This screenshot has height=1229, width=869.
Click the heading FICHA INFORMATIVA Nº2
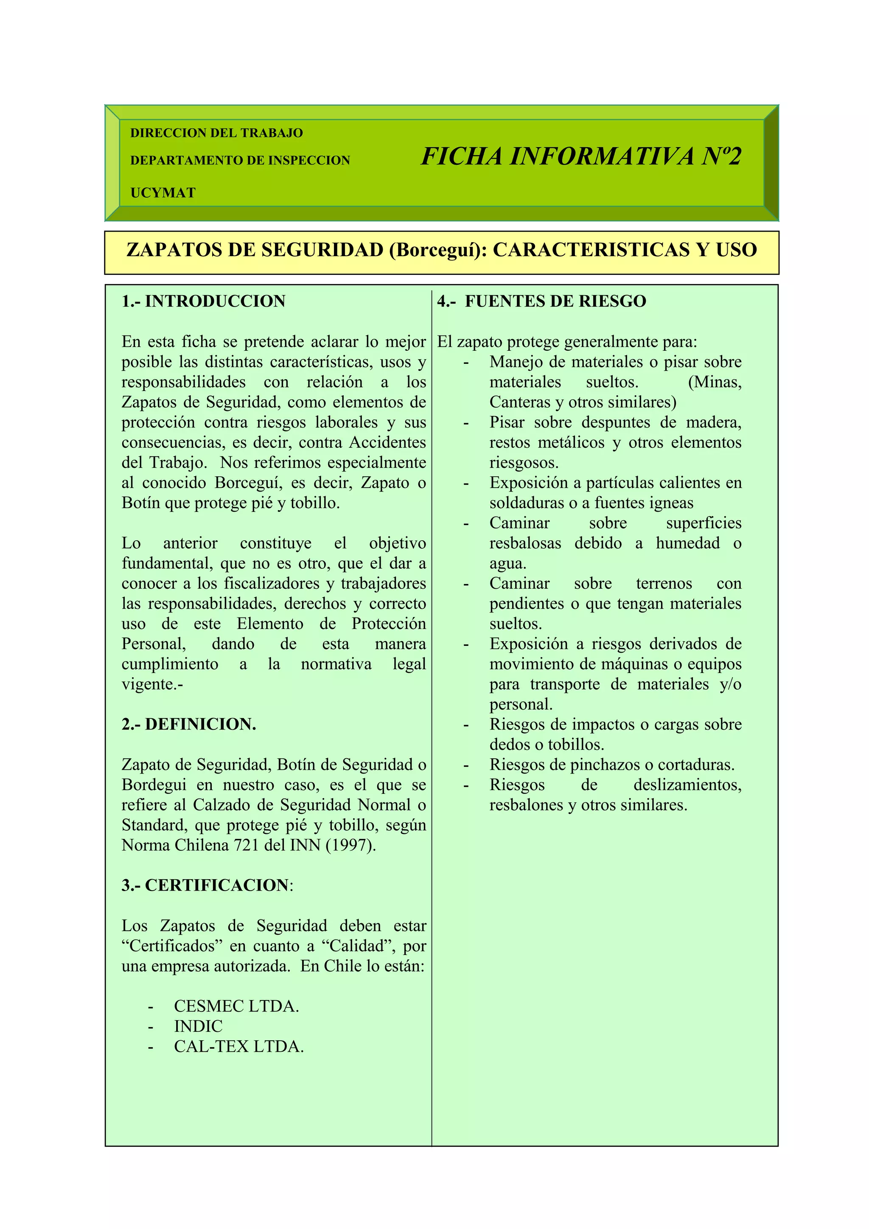580,157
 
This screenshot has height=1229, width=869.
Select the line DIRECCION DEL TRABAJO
216,133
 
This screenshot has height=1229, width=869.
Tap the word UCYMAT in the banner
163,193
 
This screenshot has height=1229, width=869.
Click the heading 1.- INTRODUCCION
204,302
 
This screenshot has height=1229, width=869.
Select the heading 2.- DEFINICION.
188,724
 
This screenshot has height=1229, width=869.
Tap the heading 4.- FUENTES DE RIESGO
541,302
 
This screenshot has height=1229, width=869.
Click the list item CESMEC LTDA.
236,1006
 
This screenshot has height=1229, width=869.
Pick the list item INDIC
198,1027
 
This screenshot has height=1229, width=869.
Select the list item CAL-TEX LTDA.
239,1047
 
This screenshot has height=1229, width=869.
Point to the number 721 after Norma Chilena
246,845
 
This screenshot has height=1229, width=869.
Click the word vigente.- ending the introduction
152,684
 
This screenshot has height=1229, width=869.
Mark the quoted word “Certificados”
171,946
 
